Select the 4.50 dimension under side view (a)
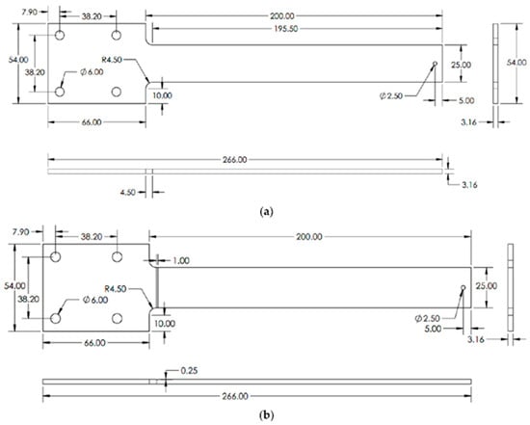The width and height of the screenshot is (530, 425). (127, 191)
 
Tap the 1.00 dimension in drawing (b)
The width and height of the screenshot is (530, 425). (182, 260)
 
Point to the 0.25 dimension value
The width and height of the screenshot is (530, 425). (190, 372)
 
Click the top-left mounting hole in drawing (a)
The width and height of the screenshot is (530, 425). (60, 35)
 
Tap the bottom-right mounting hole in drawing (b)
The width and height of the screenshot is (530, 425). (118, 318)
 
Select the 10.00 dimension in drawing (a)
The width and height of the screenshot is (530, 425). (161, 95)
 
